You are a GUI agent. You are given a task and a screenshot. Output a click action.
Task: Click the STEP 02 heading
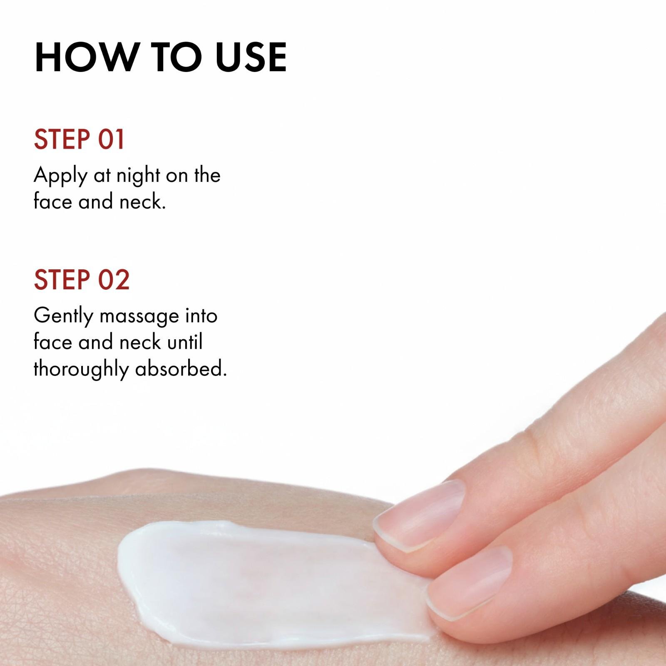pyautogui.click(x=82, y=279)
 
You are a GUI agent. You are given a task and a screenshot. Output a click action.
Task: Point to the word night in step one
pyautogui.click(x=138, y=176)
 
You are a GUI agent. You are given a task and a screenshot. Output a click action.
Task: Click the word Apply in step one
pyautogui.click(x=60, y=176)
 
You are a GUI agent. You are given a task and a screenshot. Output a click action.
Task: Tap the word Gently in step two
pyautogui.click(x=63, y=317)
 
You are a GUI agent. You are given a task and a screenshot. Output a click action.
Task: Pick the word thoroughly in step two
pyautogui.click(x=81, y=370)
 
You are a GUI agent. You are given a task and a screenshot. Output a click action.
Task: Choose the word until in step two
pyautogui.click(x=184, y=342)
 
